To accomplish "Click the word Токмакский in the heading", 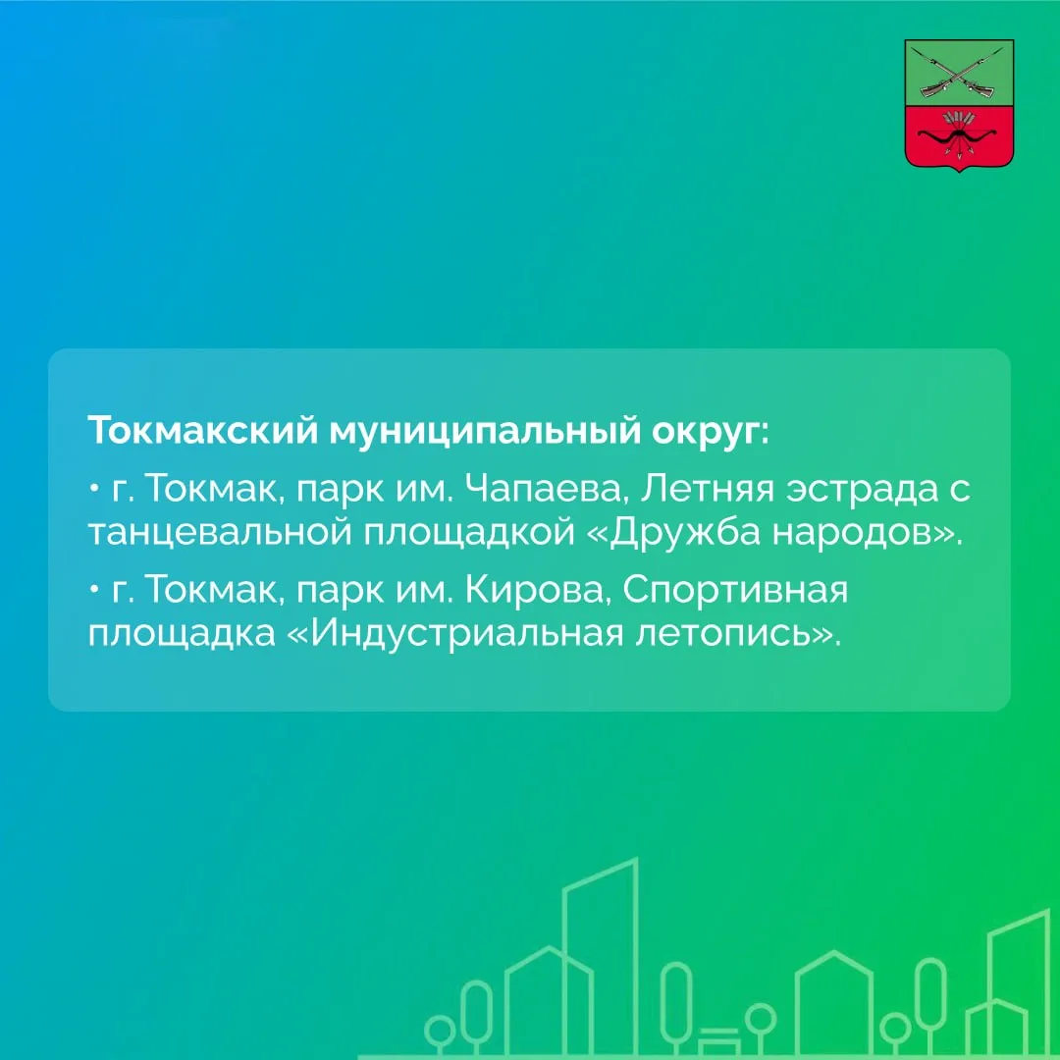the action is [202, 431].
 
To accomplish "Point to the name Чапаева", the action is [544, 489].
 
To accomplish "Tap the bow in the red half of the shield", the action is [959, 138].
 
